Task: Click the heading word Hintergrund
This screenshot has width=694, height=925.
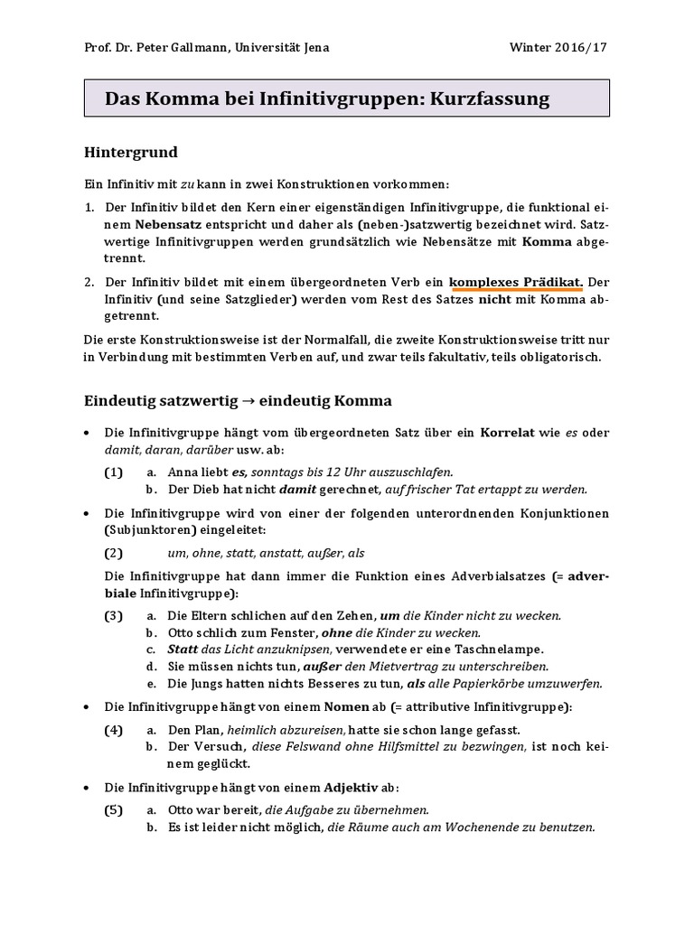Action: coord(130,152)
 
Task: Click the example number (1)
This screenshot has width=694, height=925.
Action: coord(113,472)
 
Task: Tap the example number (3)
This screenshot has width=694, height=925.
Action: coord(113,615)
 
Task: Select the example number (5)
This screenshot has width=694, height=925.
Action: coord(113,810)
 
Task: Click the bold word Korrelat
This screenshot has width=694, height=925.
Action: coord(508,433)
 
